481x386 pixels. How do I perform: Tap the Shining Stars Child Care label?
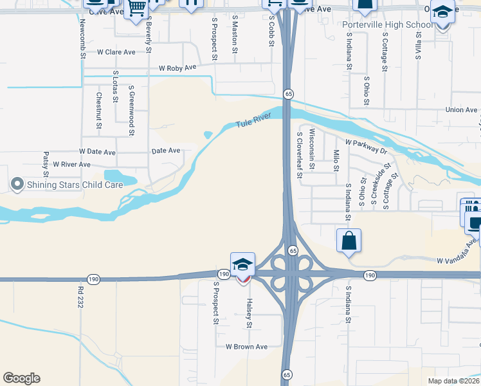[x=74, y=185]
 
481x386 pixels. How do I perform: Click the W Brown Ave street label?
[x=246, y=347]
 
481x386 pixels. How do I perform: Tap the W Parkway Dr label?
[x=367, y=146]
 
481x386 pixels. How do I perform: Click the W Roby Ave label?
[x=177, y=68]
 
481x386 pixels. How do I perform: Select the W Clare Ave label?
[x=116, y=51]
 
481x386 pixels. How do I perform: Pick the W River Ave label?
[x=72, y=165]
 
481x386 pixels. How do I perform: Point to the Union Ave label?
[x=461, y=110]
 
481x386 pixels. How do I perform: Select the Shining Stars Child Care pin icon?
[x=17, y=185]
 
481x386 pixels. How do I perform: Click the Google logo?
[x=21, y=378]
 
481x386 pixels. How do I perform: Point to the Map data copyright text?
[x=453, y=380]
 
